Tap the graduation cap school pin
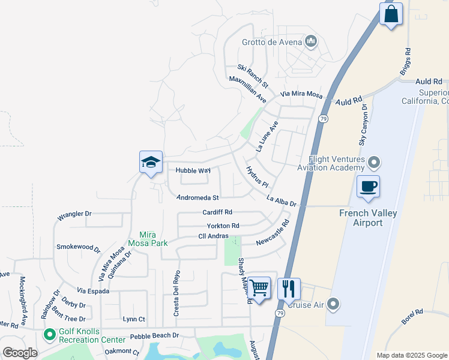coord(151,163)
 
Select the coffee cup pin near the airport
coord(368,186)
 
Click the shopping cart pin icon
coord(259,288)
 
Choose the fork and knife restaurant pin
coord(289,289)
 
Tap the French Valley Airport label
coord(369,218)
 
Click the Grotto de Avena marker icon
coord(311,41)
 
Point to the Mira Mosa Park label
coord(148,239)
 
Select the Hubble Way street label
coord(193,170)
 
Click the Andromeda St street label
coord(198,197)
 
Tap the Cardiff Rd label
coord(217,212)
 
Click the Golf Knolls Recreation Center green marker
coord(51,333)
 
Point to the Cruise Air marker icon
coord(334,305)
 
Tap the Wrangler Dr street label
coord(74,214)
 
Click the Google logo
coord(19,353)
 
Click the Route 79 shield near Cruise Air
coord(280,313)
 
